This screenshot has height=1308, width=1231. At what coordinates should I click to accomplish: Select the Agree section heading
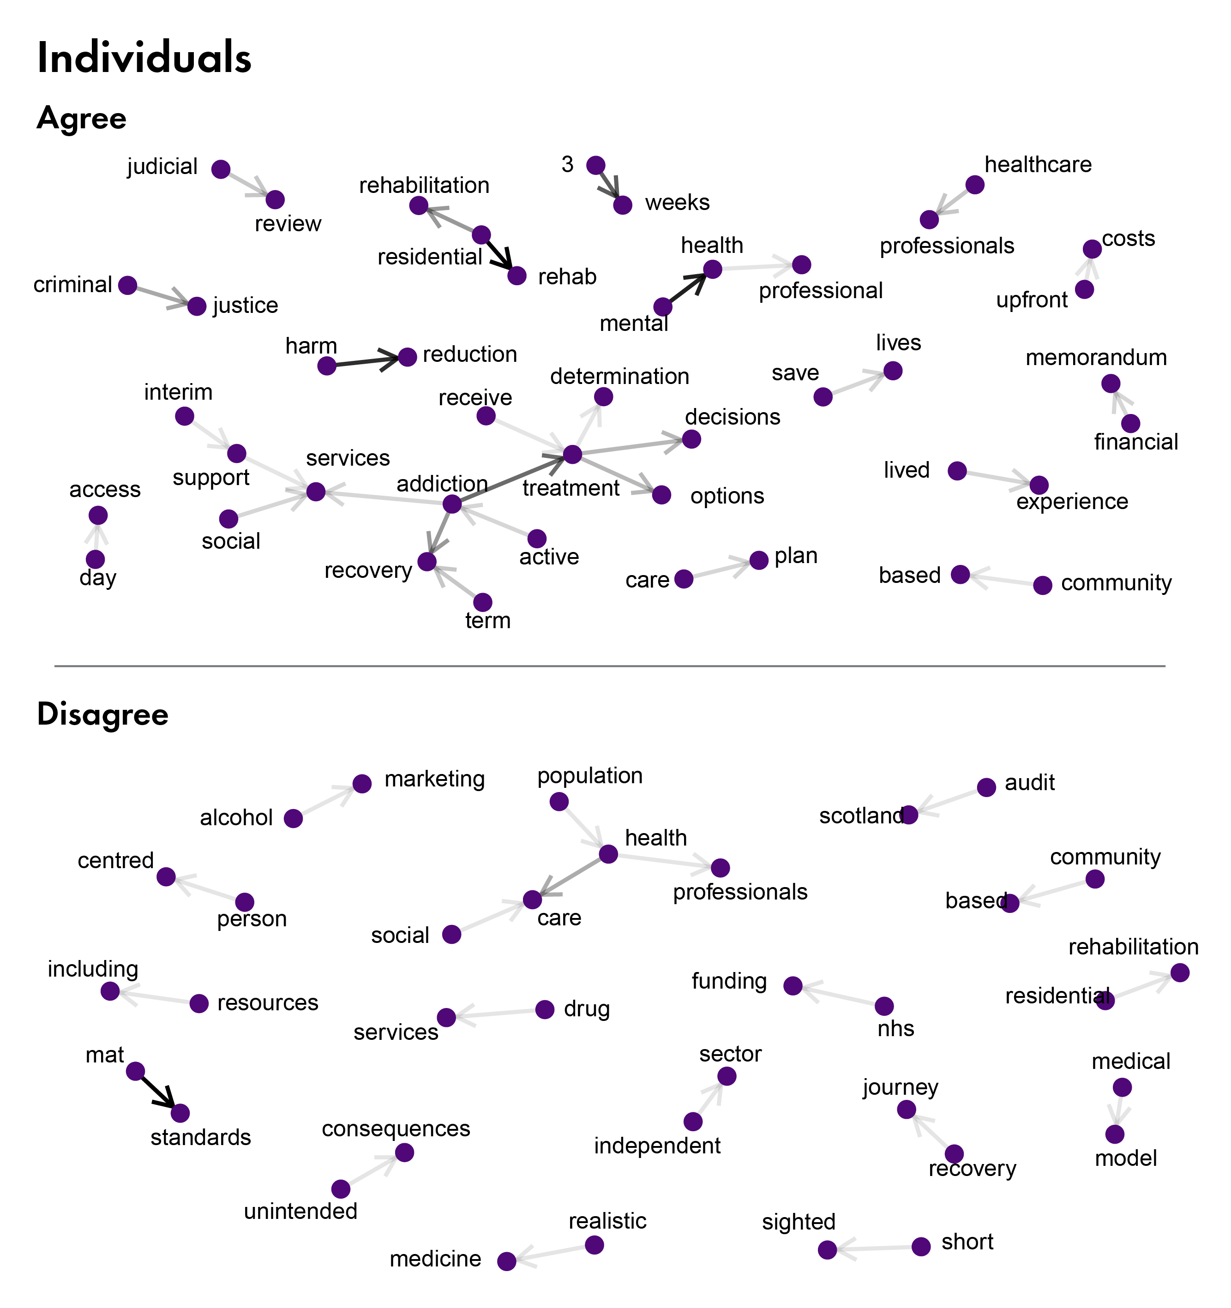(82, 119)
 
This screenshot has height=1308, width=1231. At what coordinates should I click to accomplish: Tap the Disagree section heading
(102, 714)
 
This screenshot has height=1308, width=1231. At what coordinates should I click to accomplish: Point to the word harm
(311, 346)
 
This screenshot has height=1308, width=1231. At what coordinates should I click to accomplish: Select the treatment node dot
(572, 454)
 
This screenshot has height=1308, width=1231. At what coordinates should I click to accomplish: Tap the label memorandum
(1096, 358)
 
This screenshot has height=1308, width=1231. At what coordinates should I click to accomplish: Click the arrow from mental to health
(687, 288)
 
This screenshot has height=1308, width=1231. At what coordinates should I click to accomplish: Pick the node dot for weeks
(622, 205)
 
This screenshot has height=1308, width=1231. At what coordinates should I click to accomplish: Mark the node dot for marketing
(362, 784)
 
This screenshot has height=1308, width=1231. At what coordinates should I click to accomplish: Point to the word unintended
(300, 1211)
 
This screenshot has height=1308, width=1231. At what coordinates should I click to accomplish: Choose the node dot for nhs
(884, 1006)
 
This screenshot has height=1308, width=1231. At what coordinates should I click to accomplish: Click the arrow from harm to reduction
(366, 361)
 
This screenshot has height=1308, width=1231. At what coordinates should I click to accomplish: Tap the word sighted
(798, 1222)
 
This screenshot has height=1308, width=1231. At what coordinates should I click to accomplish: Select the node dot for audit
(986, 787)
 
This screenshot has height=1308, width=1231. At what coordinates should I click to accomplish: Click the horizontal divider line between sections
(609, 666)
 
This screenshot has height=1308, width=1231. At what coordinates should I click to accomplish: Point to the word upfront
(1032, 300)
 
